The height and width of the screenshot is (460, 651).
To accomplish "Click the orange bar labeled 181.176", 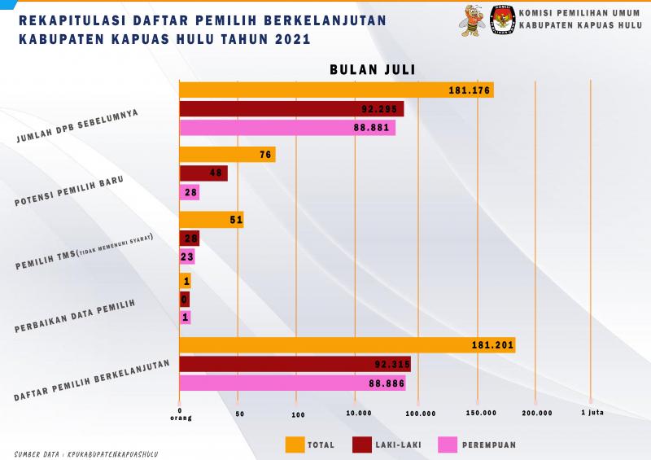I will [x=335, y=90].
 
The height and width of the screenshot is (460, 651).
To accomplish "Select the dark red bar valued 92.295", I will [x=291, y=109].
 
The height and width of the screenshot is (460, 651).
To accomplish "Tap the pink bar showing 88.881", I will [x=286, y=128].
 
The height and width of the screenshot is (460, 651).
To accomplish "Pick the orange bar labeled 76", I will [x=227, y=155].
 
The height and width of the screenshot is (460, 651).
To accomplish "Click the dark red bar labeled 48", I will [x=203, y=173].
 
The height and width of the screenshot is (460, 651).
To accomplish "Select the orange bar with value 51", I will [x=211, y=220].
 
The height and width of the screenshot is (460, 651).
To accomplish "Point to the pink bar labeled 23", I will [x=186, y=257].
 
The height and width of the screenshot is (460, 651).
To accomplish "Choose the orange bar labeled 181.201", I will [x=347, y=345].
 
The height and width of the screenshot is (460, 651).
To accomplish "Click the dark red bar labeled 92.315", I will [x=295, y=364].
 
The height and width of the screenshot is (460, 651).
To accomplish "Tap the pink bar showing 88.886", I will [x=291, y=383].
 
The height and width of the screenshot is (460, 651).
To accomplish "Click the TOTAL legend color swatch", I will [x=295, y=445].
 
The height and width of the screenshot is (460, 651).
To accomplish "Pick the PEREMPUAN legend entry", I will [x=476, y=445].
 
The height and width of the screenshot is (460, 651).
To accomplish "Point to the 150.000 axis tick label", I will [x=481, y=414].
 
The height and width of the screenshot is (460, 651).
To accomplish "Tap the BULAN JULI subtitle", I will [x=373, y=70].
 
